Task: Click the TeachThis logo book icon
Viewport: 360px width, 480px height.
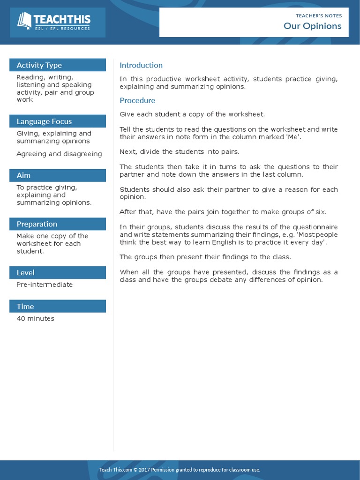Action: [24, 21]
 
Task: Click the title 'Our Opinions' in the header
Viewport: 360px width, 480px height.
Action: [312, 26]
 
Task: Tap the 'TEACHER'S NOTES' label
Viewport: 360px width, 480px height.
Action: [319, 15]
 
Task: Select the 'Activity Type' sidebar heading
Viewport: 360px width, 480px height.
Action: [39, 65]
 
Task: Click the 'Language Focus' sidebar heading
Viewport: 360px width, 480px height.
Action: [44, 121]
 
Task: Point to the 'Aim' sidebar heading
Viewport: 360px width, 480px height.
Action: [23, 175]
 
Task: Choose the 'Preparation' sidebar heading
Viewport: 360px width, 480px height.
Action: [37, 224]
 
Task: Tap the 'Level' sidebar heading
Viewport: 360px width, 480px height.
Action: [25, 272]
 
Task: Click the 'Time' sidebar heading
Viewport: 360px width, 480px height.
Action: [25, 307]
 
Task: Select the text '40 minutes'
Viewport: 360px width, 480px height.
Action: [35, 319]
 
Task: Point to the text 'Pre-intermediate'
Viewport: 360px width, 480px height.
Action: [45, 285]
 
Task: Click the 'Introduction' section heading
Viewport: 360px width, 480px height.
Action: [141, 65]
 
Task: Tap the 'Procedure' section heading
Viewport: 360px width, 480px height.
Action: [137, 100]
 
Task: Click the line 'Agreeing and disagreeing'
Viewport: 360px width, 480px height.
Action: [59, 154]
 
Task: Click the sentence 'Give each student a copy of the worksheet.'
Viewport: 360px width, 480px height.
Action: [192, 114]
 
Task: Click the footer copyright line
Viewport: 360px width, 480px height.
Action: [180, 470]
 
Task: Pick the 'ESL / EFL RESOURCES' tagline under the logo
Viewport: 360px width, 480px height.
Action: [62, 29]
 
